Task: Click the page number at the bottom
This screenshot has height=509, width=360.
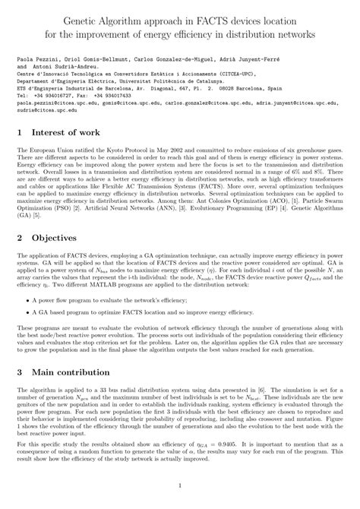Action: coord(180,486)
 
